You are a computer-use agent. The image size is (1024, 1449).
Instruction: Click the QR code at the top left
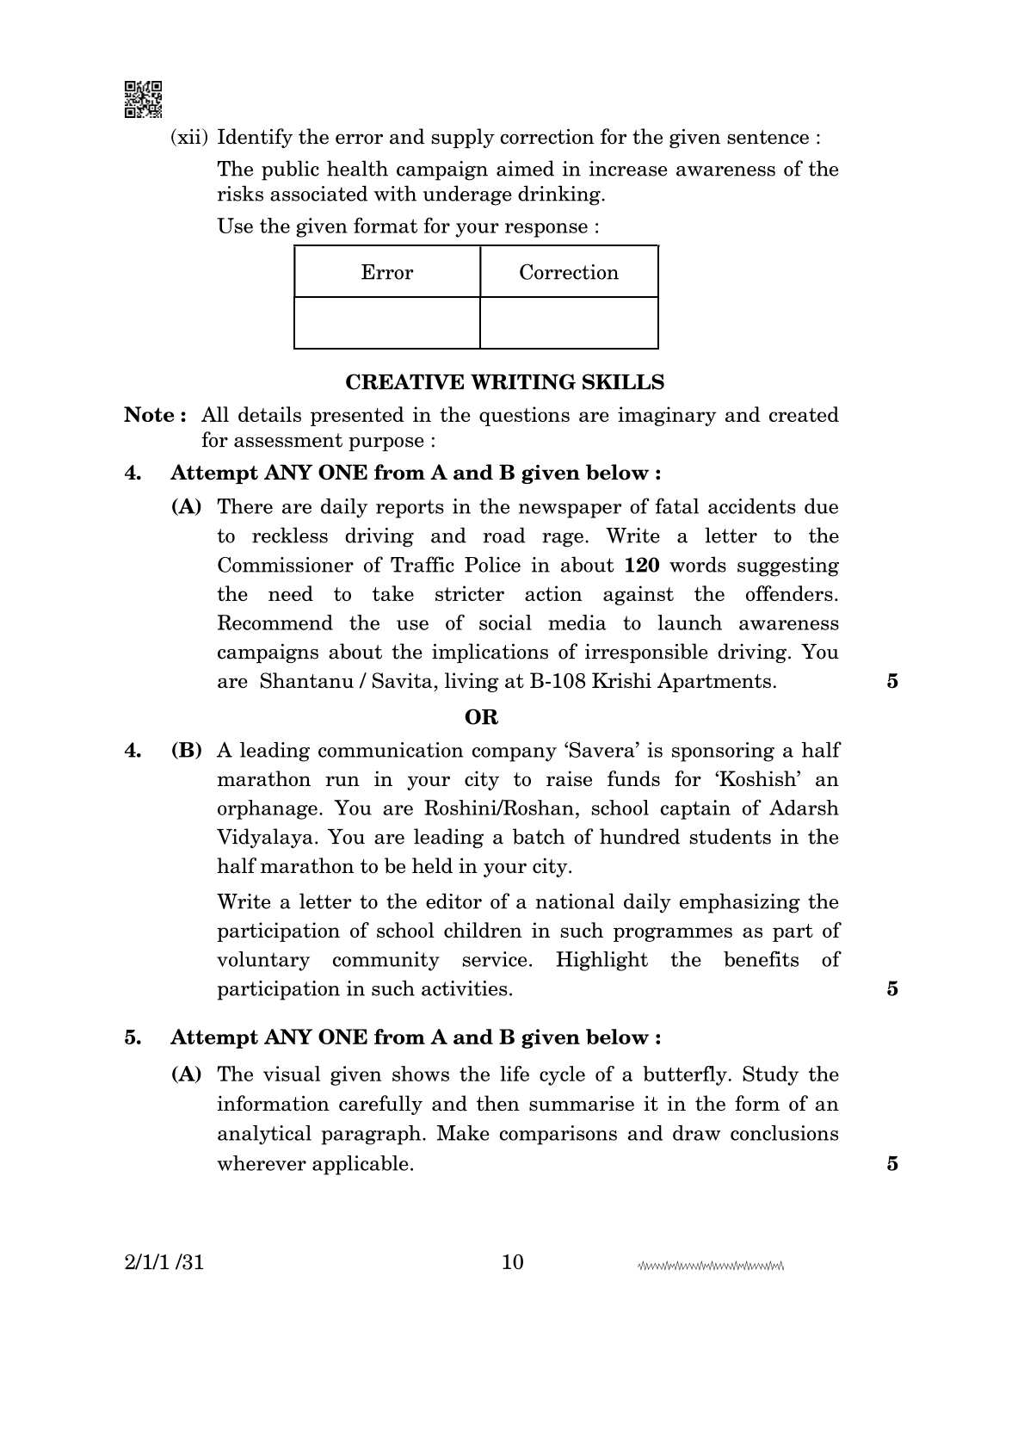[x=143, y=99]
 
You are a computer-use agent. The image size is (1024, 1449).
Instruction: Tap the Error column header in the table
[x=386, y=272]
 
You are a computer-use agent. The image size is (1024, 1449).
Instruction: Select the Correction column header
[x=568, y=272]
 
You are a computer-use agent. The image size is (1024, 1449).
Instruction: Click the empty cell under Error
[x=386, y=323]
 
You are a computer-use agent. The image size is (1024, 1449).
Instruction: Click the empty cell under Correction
[x=568, y=323]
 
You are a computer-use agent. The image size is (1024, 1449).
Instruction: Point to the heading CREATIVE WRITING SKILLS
[x=504, y=382]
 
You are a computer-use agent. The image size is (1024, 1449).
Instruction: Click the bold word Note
[x=150, y=415]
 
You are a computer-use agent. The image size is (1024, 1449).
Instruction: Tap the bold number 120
[x=640, y=566]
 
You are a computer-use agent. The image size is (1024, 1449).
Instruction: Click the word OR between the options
[x=481, y=717]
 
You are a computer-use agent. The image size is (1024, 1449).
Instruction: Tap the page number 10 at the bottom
[x=512, y=1262]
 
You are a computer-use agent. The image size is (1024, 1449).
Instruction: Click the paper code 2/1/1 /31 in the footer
[x=164, y=1263]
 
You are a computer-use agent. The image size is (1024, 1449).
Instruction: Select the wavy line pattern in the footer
[x=711, y=1266]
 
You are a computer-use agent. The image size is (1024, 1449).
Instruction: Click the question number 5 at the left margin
[x=133, y=1037]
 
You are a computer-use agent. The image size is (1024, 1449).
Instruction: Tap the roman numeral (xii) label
[x=190, y=138]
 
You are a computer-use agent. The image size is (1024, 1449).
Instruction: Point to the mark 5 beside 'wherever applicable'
[x=892, y=1163]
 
